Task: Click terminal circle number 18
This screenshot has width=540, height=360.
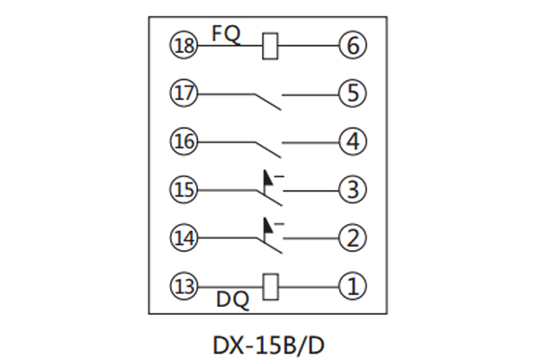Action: tap(184, 43)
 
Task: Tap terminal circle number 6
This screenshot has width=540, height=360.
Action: tap(350, 43)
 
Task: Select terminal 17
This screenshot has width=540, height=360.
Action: tap(184, 92)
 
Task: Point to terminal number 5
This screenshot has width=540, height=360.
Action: tap(350, 92)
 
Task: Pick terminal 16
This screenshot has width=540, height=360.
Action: tap(184, 141)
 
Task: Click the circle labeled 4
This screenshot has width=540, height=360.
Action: tap(350, 141)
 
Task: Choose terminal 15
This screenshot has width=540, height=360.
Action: tap(184, 190)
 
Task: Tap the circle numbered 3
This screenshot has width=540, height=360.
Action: tap(350, 190)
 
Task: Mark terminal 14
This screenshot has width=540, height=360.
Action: tap(184, 238)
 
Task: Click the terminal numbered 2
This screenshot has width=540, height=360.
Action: tap(350, 238)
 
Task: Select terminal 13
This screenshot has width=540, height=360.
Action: tap(184, 287)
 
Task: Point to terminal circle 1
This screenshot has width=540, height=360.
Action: tap(350, 287)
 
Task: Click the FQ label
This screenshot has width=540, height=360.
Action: tap(225, 31)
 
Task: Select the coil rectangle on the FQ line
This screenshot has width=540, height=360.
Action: tap(270, 44)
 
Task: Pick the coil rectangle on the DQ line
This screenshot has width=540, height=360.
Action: tap(270, 287)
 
